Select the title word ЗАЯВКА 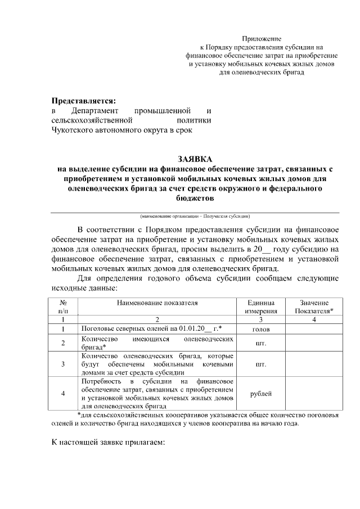tap(195, 159)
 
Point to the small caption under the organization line tap(195, 217)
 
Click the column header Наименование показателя tap(157, 302)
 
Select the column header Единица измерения tap(261, 306)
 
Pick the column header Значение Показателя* tap(314, 306)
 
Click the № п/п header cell tap(64, 306)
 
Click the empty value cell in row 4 tap(314, 393)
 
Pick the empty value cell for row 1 tap(314, 328)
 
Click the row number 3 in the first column tap(64, 364)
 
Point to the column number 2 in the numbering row tap(157, 319)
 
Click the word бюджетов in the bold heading tap(195, 199)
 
